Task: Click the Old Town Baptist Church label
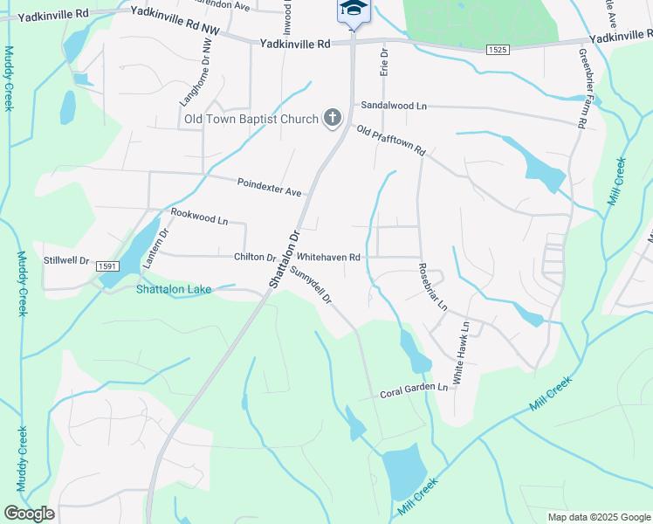pyautogui.click(x=251, y=119)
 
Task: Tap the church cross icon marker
pyautogui.click(x=332, y=118)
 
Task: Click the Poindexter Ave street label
pyautogui.click(x=269, y=187)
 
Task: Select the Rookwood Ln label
pyautogui.click(x=199, y=217)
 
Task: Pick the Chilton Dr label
pyautogui.click(x=255, y=258)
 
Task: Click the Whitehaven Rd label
pyautogui.click(x=329, y=258)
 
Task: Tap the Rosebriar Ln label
pyautogui.click(x=432, y=286)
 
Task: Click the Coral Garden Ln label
pyautogui.click(x=414, y=390)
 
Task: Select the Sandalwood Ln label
pyautogui.click(x=394, y=106)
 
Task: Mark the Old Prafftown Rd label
pyautogui.click(x=390, y=140)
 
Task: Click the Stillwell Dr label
pyautogui.click(x=67, y=260)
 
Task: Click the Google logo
pyautogui.click(x=30, y=514)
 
